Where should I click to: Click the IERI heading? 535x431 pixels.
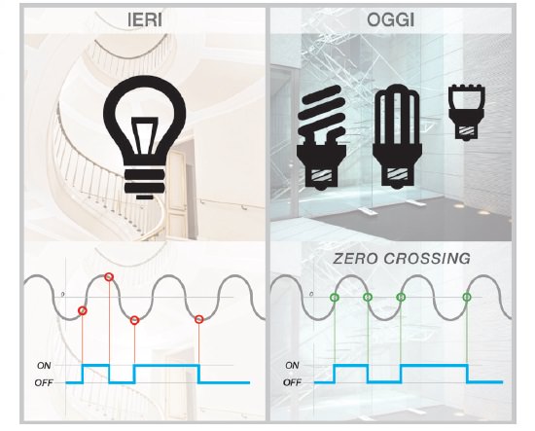(145, 20)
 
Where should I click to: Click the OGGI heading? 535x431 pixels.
(391, 20)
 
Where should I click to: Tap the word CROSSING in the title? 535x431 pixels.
(427, 259)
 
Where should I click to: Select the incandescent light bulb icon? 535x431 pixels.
(145, 137)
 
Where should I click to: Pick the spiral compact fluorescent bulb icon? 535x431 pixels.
(321, 137)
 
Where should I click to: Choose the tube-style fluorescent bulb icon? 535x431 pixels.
(397, 136)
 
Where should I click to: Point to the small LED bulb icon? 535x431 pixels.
(467, 112)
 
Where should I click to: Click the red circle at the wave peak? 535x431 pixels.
(109, 277)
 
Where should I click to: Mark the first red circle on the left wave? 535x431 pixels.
(83, 311)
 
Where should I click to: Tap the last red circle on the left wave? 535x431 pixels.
(199, 319)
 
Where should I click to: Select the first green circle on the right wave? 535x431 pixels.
(335, 298)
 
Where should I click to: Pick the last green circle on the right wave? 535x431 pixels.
(467, 298)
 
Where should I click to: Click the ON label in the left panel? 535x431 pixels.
(44, 366)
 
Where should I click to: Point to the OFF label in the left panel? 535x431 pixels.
(44, 383)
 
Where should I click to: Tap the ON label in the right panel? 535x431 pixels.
(292, 366)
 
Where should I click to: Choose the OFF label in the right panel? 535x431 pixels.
(293, 382)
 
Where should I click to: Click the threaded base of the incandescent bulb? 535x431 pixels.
(145, 180)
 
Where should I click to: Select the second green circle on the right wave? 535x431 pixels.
(368, 298)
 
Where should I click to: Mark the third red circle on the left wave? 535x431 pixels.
(135, 320)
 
